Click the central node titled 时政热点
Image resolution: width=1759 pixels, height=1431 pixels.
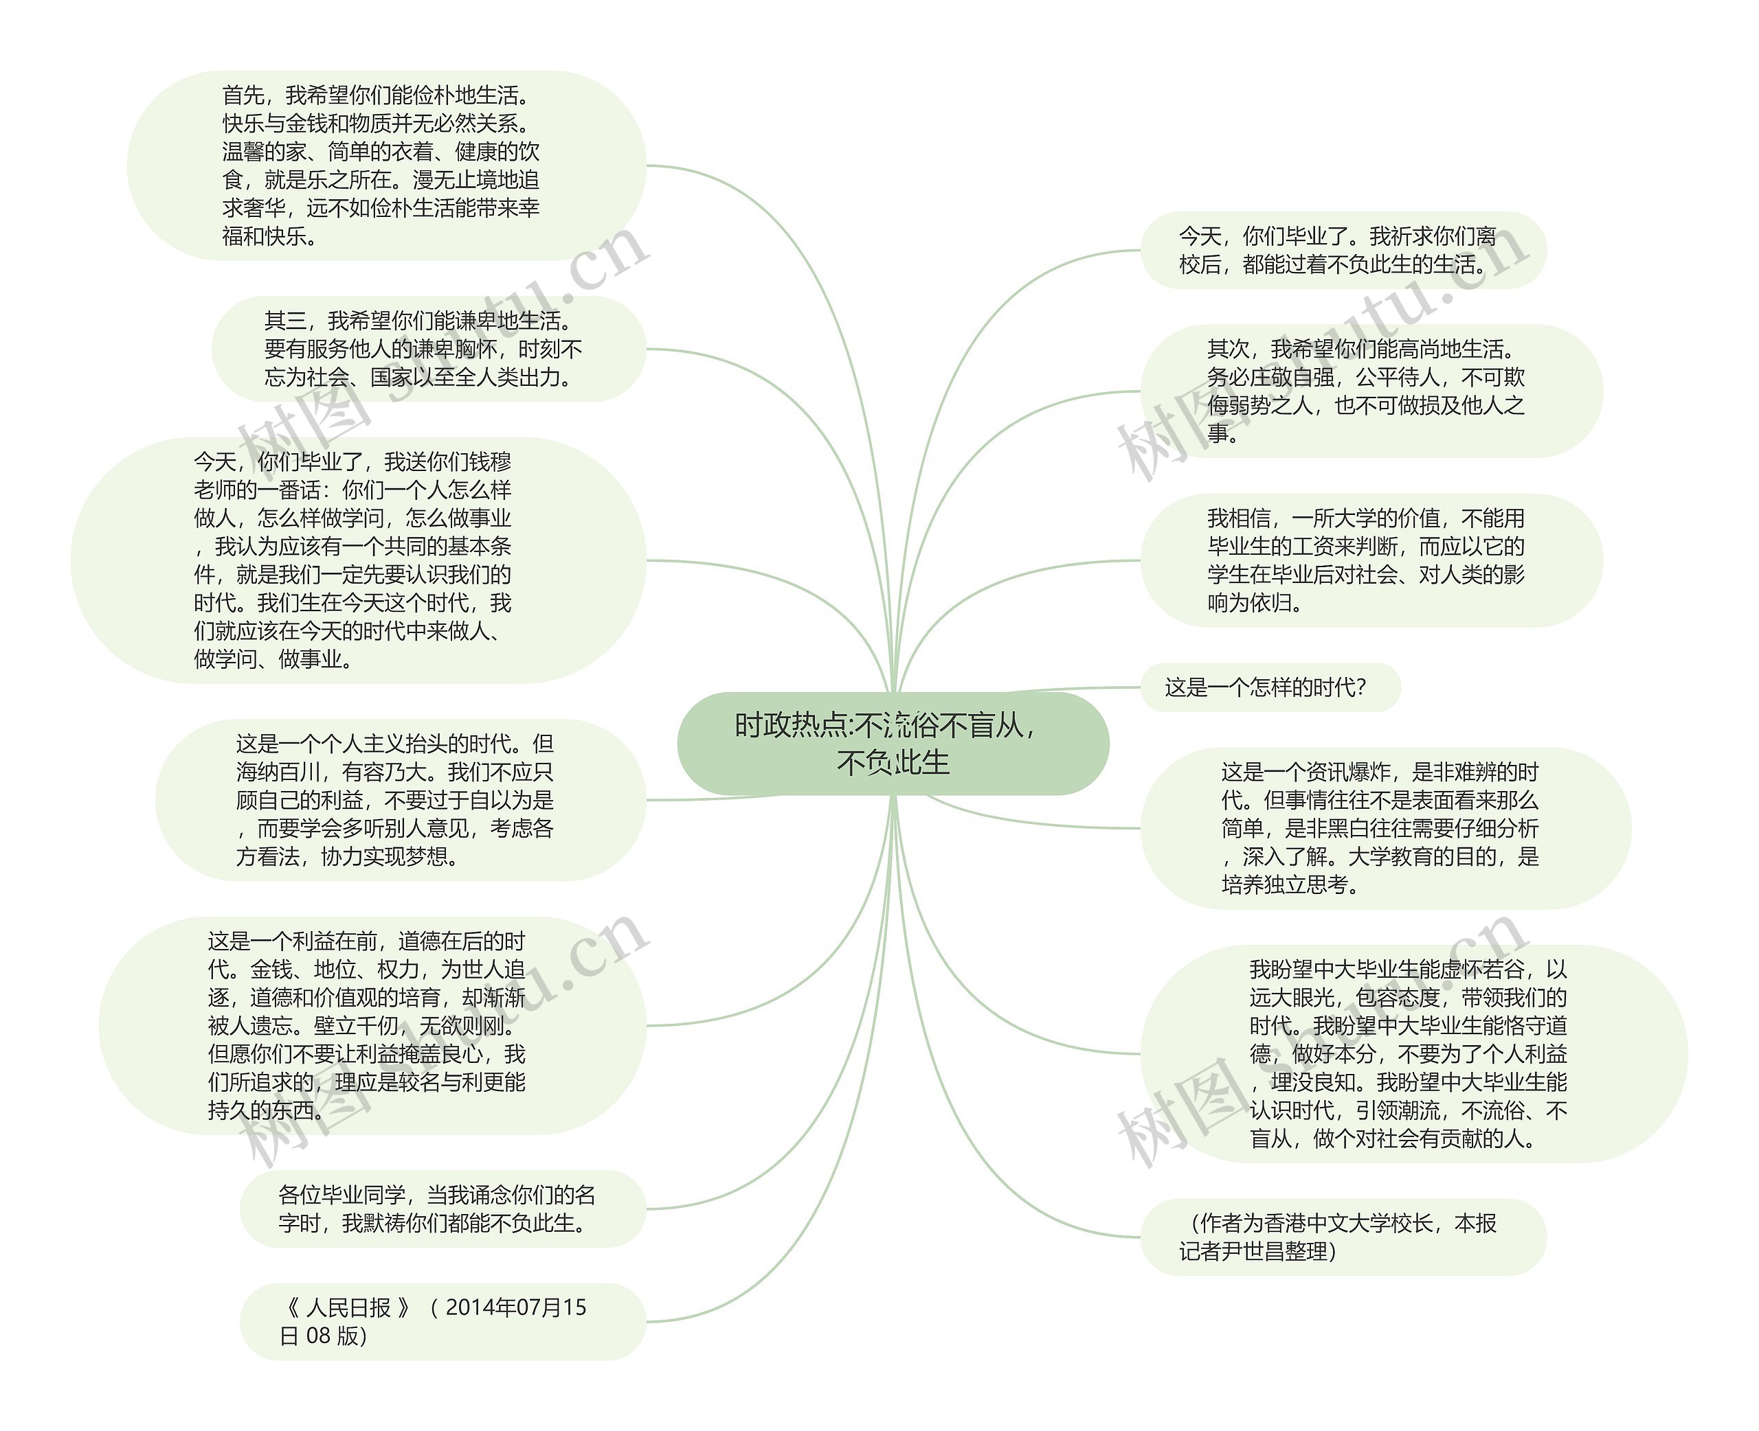(893, 743)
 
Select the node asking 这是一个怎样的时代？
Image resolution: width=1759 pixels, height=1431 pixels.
(1269, 687)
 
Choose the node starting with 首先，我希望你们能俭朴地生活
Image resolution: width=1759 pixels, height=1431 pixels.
(386, 165)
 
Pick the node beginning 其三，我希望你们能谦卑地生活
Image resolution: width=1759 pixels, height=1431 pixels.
(428, 349)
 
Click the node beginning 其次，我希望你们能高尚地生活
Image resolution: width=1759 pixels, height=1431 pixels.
(1371, 391)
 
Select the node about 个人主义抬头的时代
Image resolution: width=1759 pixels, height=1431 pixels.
(400, 799)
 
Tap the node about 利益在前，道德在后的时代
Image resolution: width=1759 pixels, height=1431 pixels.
(372, 1025)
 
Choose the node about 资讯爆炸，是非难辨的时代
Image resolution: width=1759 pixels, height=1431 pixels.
(1385, 827)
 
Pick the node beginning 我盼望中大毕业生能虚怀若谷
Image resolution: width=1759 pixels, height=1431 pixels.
(1413, 1053)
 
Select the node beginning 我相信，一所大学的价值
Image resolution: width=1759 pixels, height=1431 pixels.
(1371, 560)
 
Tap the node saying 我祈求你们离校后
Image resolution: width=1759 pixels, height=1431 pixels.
(1343, 251)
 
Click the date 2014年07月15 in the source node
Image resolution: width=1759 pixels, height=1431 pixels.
(515, 1307)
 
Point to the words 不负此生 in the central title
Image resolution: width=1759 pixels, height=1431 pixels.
(893, 762)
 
